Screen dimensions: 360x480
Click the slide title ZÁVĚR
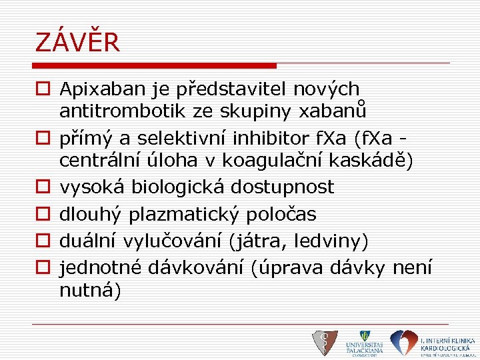pyautogui.click(x=77, y=43)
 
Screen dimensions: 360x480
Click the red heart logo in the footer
pyautogui.click(x=403, y=343)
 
